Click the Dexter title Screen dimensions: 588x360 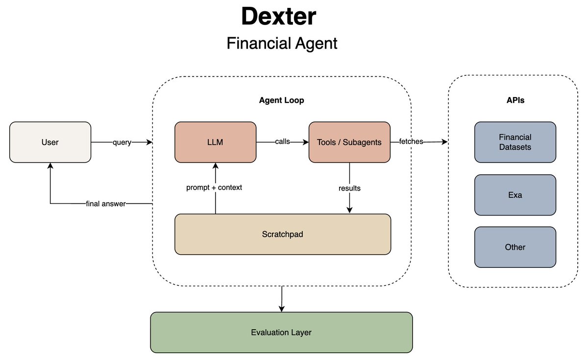278,16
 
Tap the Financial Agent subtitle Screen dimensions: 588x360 282,43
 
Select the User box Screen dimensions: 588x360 50,142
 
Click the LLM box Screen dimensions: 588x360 215,142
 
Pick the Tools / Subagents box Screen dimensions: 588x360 349,142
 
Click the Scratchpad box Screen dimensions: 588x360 283,234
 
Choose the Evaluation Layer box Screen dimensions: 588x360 281,333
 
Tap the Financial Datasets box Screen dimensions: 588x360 515,142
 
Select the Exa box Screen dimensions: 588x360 515,195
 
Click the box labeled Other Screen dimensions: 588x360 515,247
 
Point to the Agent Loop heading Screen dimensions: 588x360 281,100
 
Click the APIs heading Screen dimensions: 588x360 515,100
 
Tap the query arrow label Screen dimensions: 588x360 122,142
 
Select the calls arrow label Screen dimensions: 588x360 282,142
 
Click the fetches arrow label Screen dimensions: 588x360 411,142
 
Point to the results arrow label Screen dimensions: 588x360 349,188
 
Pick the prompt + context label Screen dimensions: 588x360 214,188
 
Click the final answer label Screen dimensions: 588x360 106,204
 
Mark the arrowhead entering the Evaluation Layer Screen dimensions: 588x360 282,309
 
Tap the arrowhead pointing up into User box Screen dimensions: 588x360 50,166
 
